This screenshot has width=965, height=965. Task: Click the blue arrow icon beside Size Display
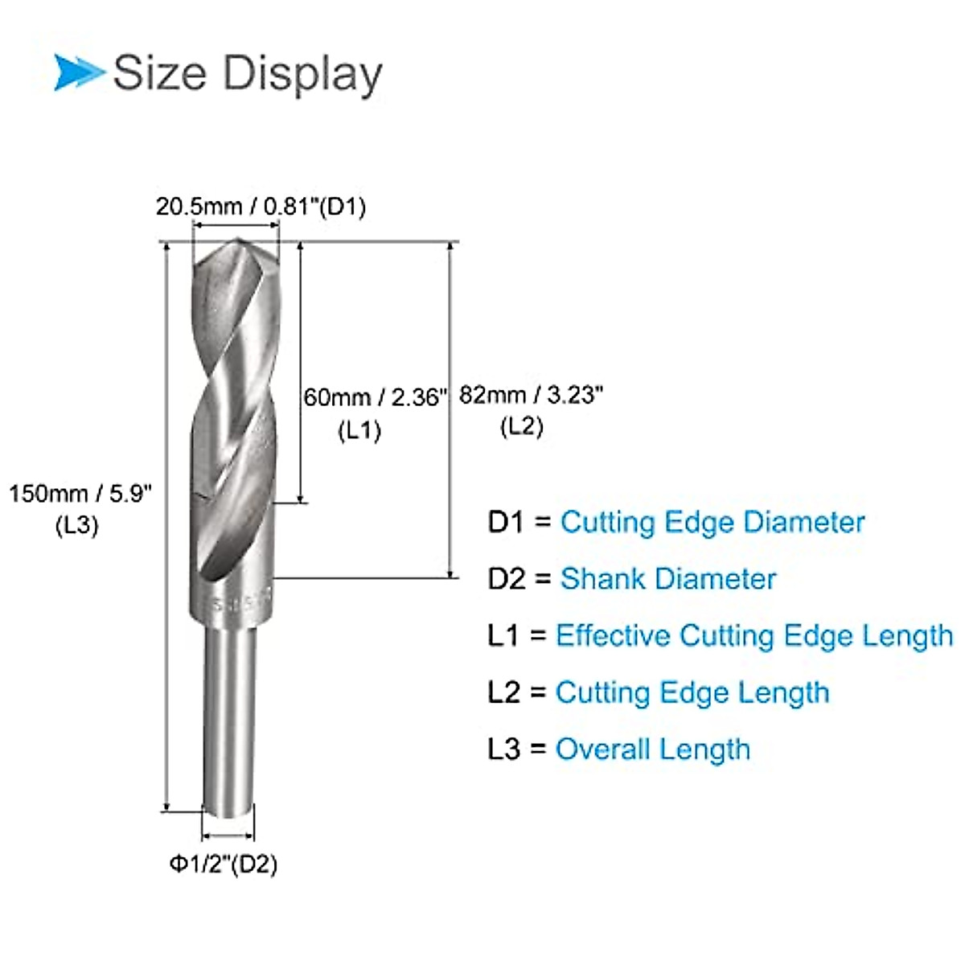[79, 72]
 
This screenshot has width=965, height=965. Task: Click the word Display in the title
[302, 74]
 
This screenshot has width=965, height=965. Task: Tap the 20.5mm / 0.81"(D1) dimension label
[261, 207]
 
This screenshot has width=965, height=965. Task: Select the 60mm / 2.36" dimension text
[374, 396]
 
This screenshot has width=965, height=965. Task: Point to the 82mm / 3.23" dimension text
[531, 395]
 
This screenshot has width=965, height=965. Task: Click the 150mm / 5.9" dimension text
[80, 493]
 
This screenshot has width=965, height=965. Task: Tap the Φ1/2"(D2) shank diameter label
[223, 864]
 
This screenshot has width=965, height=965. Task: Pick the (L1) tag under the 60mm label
[359, 430]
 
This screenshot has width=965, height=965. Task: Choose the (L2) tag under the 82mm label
[521, 426]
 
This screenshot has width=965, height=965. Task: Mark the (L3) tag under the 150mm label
[76, 525]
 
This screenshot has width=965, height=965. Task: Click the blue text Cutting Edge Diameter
[712, 522]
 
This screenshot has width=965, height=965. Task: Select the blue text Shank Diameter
[667, 579]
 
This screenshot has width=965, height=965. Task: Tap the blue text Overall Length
[652, 749]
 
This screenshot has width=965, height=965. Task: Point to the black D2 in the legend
[507, 579]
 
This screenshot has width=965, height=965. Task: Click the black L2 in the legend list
[504, 692]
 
